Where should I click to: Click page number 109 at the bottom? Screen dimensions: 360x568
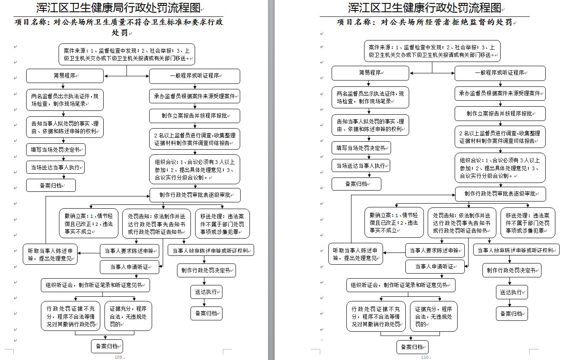pos(119,357)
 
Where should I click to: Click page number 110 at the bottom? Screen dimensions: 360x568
pos(424,357)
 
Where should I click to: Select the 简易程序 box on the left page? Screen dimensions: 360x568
pos(64,76)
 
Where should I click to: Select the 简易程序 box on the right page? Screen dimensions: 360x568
pos(370,73)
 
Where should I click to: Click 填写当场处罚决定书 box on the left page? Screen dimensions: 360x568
pos(56,149)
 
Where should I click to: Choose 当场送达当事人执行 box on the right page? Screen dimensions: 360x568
pos(361,165)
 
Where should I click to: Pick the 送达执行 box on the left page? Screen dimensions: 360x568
pos(206,292)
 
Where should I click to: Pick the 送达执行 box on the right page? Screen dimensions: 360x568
pos(512,292)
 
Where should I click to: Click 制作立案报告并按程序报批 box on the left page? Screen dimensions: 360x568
pos(195,116)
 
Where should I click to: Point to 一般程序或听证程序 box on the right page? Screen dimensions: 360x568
pos(500,73)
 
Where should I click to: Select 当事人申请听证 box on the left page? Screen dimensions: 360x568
pos(129,267)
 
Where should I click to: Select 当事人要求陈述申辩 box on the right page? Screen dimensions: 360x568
pos(435,250)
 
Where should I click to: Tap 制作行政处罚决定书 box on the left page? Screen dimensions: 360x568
pos(206,270)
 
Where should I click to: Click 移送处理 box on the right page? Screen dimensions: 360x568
pos(528,223)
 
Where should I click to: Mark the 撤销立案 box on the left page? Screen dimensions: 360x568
pos(88,223)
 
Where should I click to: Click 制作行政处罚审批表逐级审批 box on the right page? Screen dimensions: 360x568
pos(500,194)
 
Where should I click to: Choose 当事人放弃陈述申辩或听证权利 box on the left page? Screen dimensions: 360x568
pos(211,250)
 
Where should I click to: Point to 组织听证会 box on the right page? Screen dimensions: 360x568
pos(401,285)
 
